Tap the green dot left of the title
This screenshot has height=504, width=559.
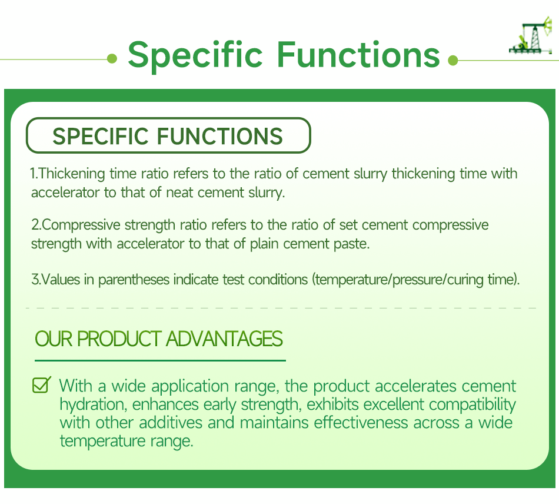113,58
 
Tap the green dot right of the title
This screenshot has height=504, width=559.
452,59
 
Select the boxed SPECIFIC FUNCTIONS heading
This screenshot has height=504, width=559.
168,136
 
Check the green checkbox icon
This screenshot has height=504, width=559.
41,385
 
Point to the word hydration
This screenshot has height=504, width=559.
92,405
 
